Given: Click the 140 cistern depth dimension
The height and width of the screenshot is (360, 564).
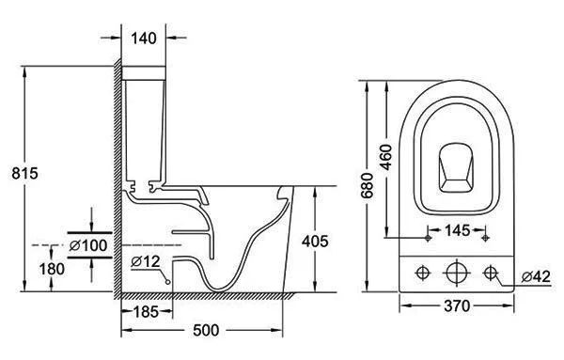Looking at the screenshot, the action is click(x=144, y=39).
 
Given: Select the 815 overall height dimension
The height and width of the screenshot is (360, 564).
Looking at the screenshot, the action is click(x=24, y=173).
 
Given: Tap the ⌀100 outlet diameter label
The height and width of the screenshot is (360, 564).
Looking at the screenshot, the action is click(x=88, y=245).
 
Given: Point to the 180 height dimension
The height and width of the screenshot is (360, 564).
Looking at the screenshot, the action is click(x=52, y=269).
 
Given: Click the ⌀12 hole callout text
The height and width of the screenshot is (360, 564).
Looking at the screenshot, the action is click(x=146, y=261).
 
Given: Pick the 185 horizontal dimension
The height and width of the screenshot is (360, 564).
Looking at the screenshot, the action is click(x=146, y=312).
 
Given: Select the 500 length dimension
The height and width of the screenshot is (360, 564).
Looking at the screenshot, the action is click(x=206, y=330).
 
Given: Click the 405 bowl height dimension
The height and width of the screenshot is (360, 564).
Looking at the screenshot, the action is click(x=315, y=242).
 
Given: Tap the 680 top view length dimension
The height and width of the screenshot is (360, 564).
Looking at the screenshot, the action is click(x=368, y=185).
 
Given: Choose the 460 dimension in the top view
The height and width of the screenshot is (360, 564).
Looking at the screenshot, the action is click(x=386, y=157).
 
